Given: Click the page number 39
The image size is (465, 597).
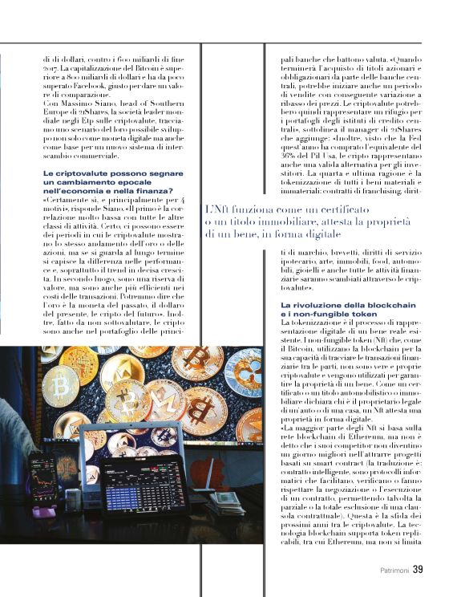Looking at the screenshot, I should (418, 570).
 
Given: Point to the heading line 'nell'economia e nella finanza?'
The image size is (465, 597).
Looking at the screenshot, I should (107, 191).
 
